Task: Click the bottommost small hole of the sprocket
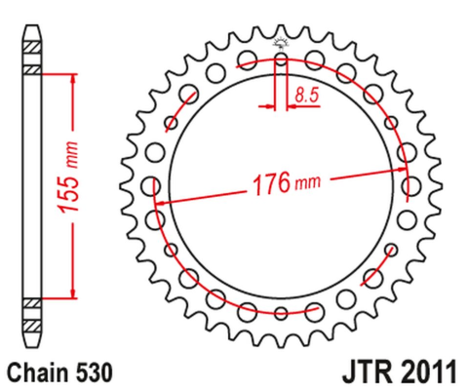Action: coord(281,312)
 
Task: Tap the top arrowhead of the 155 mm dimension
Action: coord(71,78)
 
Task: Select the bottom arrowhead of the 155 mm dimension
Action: coord(71,293)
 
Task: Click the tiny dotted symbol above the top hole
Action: coord(281,42)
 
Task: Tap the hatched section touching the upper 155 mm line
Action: coord(33,70)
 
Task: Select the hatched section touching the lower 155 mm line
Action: coord(33,300)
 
